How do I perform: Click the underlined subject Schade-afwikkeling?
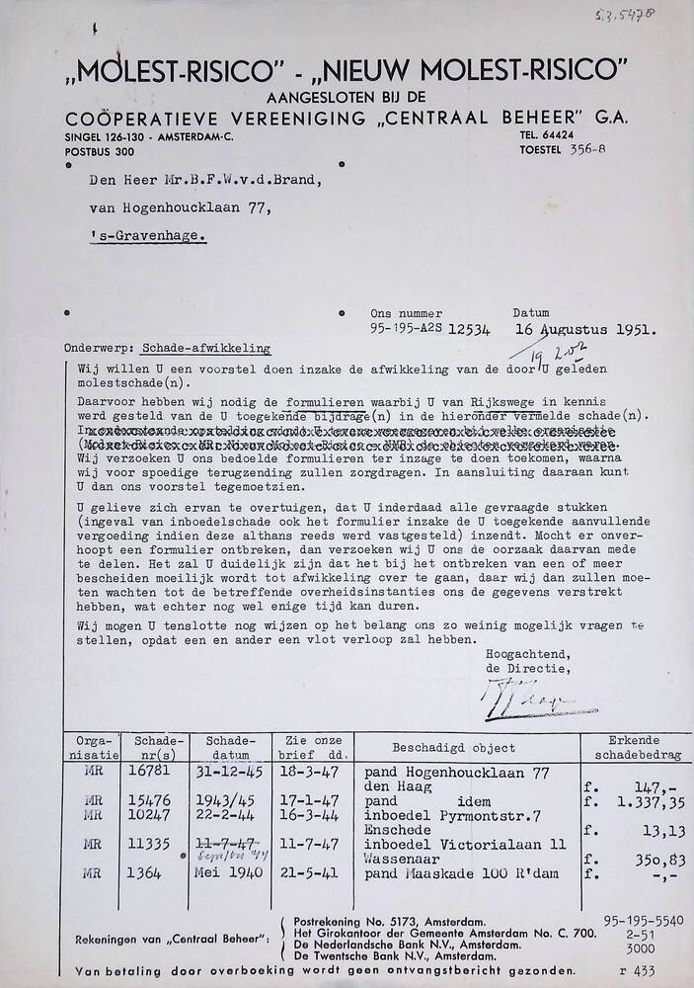[205, 349]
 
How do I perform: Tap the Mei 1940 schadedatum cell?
[224, 875]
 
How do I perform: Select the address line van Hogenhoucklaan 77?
[174, 208]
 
